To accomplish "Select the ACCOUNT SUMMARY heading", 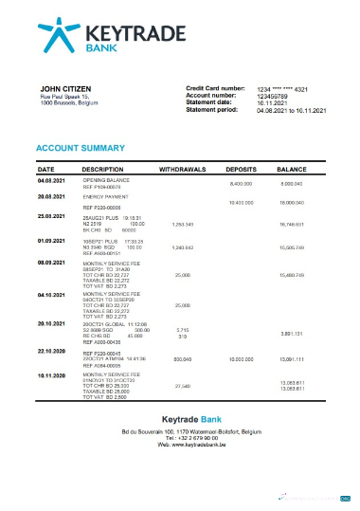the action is point(79,149).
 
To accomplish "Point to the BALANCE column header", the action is point(303,168).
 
